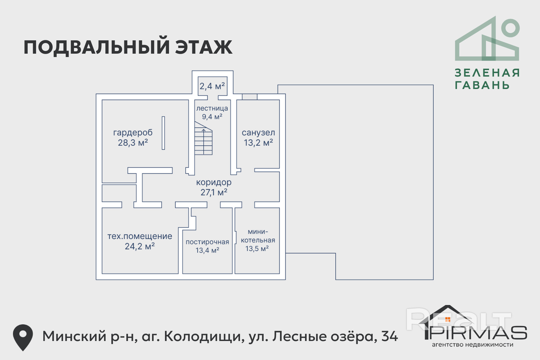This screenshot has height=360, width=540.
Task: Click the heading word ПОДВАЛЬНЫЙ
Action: (97, 47)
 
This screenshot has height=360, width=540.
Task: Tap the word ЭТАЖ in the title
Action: (204, 47)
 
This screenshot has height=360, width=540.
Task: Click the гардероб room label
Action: (133, 133)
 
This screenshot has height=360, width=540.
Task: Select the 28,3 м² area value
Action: (133, 143)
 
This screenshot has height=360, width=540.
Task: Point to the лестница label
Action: (212, 108)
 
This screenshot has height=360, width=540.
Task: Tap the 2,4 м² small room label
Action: (212, 86)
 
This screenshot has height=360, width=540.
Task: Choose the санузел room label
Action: (258, 133)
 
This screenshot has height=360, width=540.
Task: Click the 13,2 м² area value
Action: (258, 143)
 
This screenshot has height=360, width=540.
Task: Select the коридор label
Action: (214, 182)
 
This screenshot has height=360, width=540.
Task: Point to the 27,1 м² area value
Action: (214, 192)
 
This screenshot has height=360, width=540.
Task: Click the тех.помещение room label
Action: (140, 236)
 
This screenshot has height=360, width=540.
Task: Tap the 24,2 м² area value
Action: (140, 246)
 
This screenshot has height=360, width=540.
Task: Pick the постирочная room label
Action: (207, 242)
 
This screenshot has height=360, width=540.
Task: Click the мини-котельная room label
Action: (258, 236)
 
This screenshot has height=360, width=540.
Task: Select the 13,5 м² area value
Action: (257, 249)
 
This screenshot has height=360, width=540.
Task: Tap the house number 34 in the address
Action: (389, 336)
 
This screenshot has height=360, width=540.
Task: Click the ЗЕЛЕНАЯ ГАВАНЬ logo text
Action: (487, 79)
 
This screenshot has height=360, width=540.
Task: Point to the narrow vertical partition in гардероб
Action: (163, 133)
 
